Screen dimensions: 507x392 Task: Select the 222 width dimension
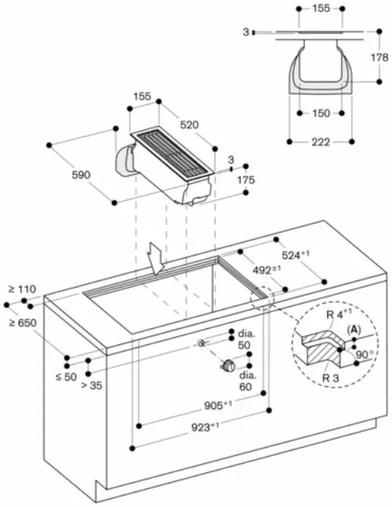321,142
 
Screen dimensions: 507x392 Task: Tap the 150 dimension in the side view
322,114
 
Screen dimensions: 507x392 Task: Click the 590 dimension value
80,175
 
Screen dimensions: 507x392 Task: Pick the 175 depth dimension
245,180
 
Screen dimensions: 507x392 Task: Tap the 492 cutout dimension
268,270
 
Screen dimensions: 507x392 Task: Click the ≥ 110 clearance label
22,289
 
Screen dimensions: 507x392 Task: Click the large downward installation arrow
157,258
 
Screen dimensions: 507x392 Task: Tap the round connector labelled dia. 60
228,366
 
